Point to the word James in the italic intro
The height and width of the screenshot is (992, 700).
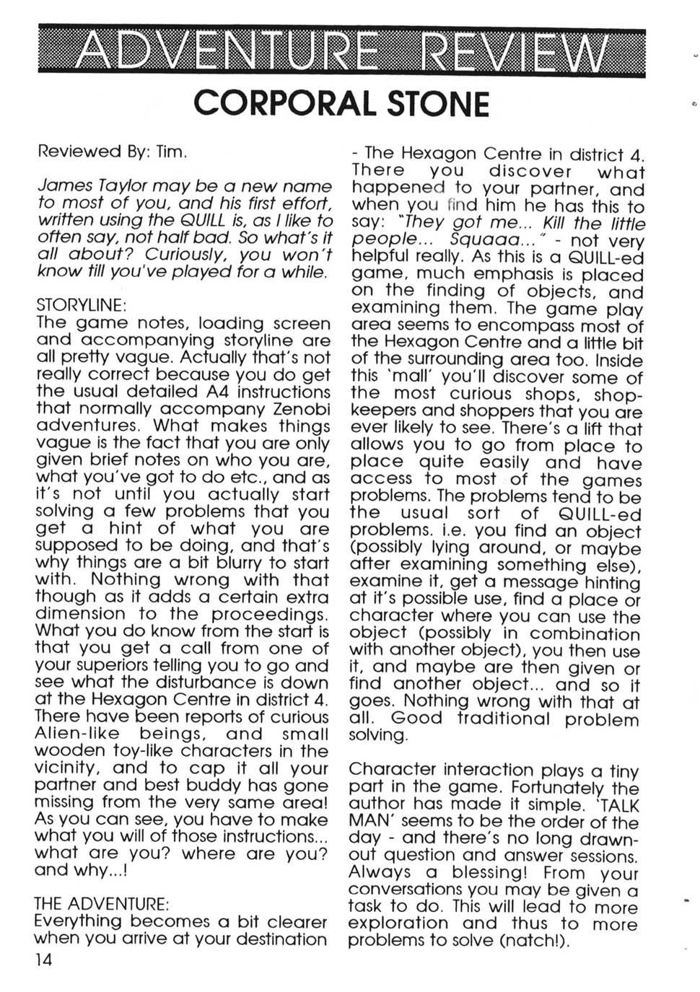(x=63, y=185)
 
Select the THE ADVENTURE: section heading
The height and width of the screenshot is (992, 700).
(x=102, y=903)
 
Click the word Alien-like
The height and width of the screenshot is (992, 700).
(x=74, y=734)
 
